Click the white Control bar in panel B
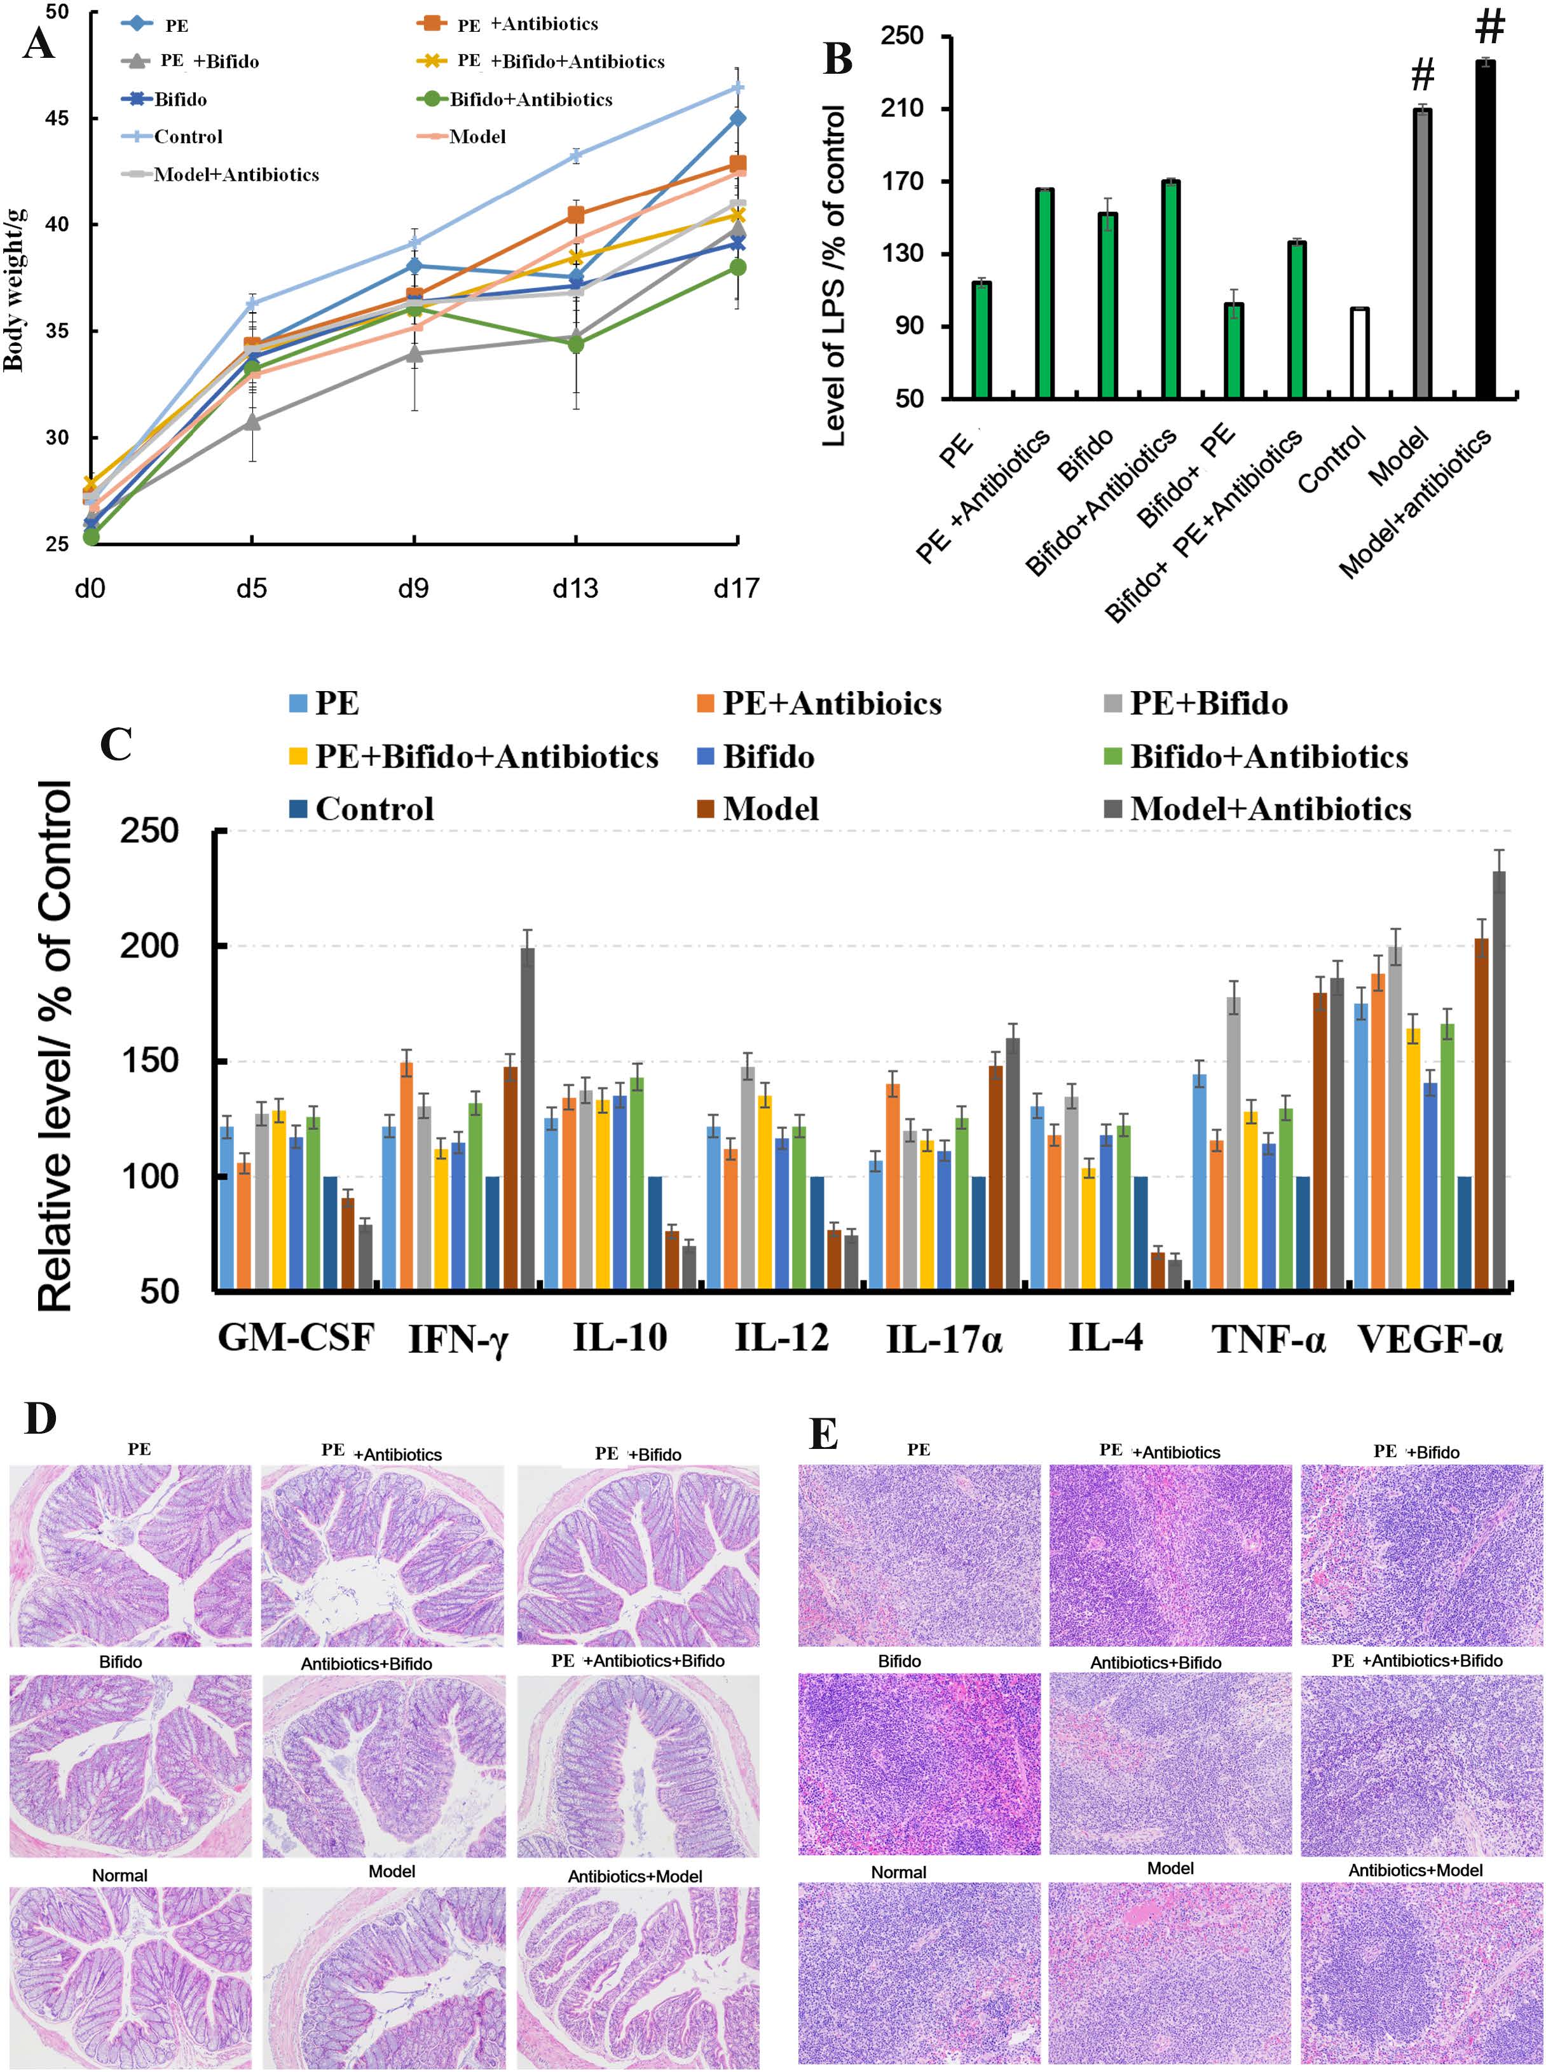coord(1359,353)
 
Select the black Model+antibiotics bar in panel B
coord(1484,230)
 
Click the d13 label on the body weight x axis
coord(575,589)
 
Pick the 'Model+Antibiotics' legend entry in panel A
coord(236,175)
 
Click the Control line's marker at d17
coord(737,88)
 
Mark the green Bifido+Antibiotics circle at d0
coord(91,536)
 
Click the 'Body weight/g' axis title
coord(13,290)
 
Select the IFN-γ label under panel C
coord(458,1339)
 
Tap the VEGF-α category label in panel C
coord(1429,1339)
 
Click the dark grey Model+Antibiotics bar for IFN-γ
coord(528,1118)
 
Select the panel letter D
coord(40,1419)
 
